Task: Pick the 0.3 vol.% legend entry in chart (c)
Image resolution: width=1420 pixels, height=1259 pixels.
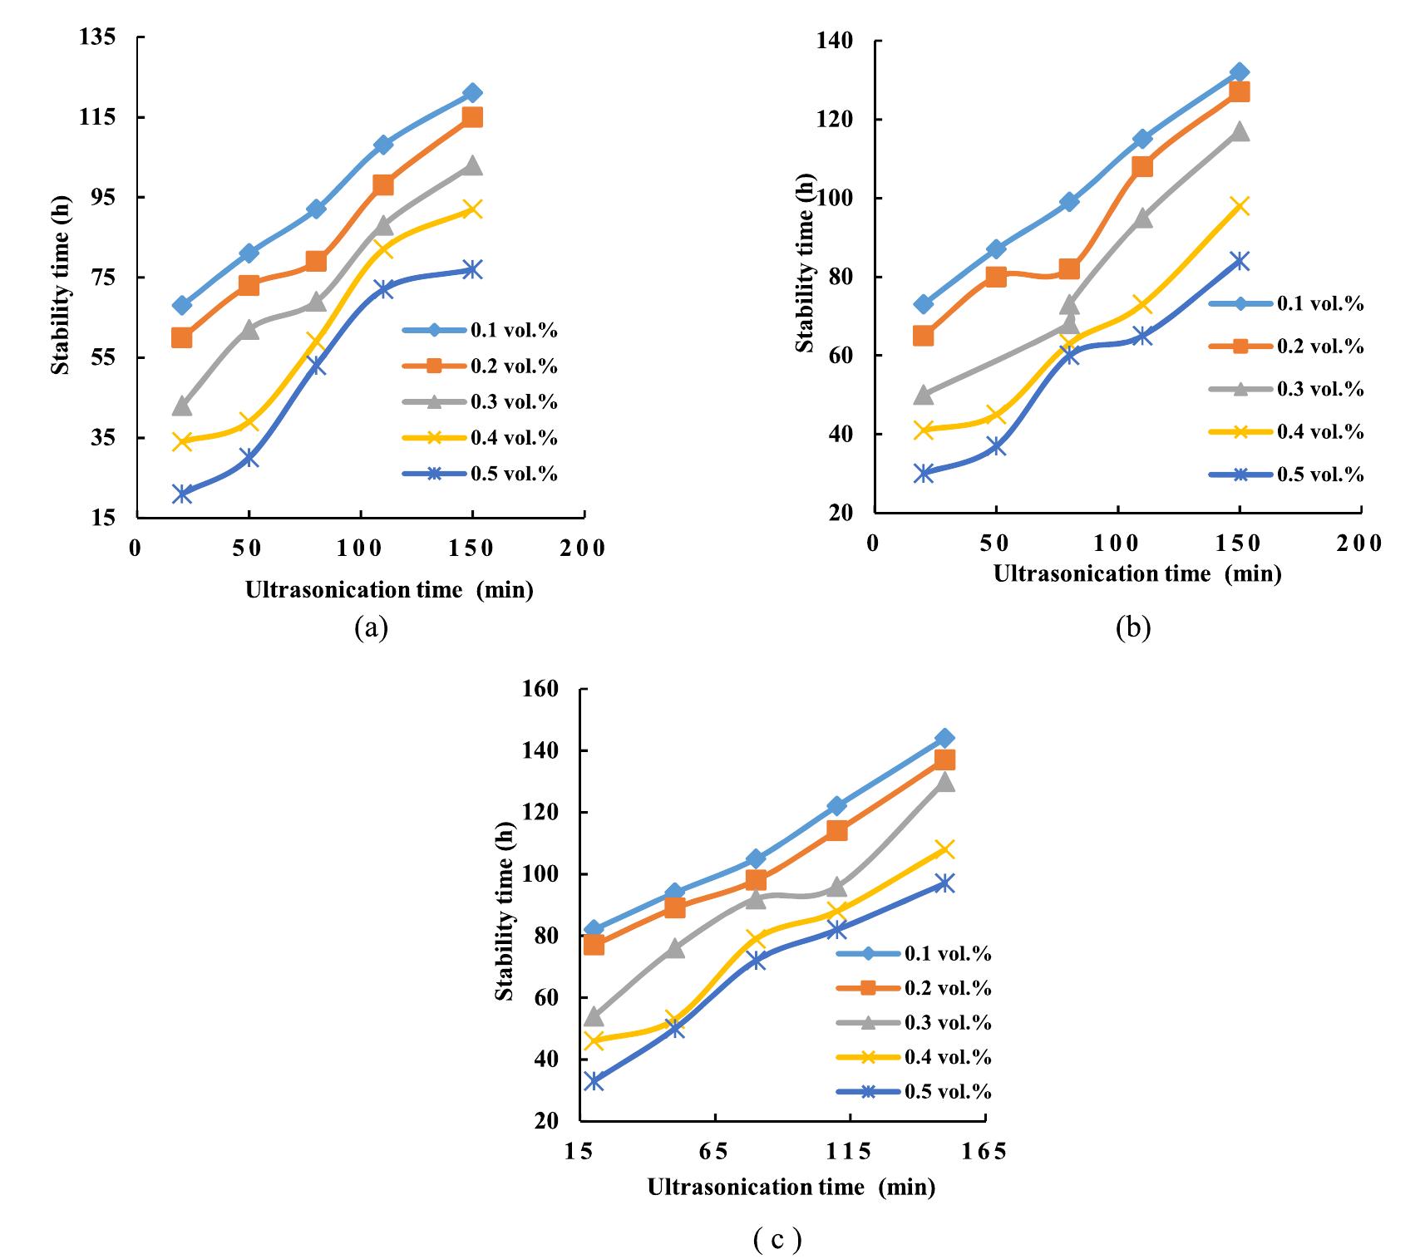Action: pyautogui.click(x=948, y=1023)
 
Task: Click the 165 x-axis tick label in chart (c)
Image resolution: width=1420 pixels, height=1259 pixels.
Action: pyautogui.click(x=984, y=1151)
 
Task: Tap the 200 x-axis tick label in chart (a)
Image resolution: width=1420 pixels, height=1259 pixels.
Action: pyautogui.click(x=582, y=548)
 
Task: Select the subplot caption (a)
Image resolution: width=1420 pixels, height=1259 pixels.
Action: pyautogui.click(x=371, y=627)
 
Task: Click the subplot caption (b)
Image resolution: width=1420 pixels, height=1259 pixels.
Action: pyautogui.click(x=1133, y=628)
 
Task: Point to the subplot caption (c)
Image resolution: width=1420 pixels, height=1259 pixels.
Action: pyautogui.click(x=777, y=1240)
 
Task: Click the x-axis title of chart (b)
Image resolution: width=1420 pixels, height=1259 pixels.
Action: pyautogui.click(x=1137, y=573)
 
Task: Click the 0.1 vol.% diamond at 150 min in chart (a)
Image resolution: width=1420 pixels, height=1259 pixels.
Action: pyautogui.click(x=472, y=93)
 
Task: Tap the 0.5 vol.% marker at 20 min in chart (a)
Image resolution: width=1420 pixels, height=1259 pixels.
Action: pyautogui.click(x=182, y=494)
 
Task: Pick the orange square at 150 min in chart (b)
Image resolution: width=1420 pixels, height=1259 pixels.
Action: pyautogui.click(x=1240, y=91)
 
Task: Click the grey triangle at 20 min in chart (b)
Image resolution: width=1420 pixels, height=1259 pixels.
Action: pyautogui.click(x=924, y=394)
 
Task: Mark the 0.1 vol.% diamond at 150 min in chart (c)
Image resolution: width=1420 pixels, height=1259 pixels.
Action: pyautogui.click(x=944, y=738)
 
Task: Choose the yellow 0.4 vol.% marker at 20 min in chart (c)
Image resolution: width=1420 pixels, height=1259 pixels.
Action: pyautogui.click(x=594, y=1040)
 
